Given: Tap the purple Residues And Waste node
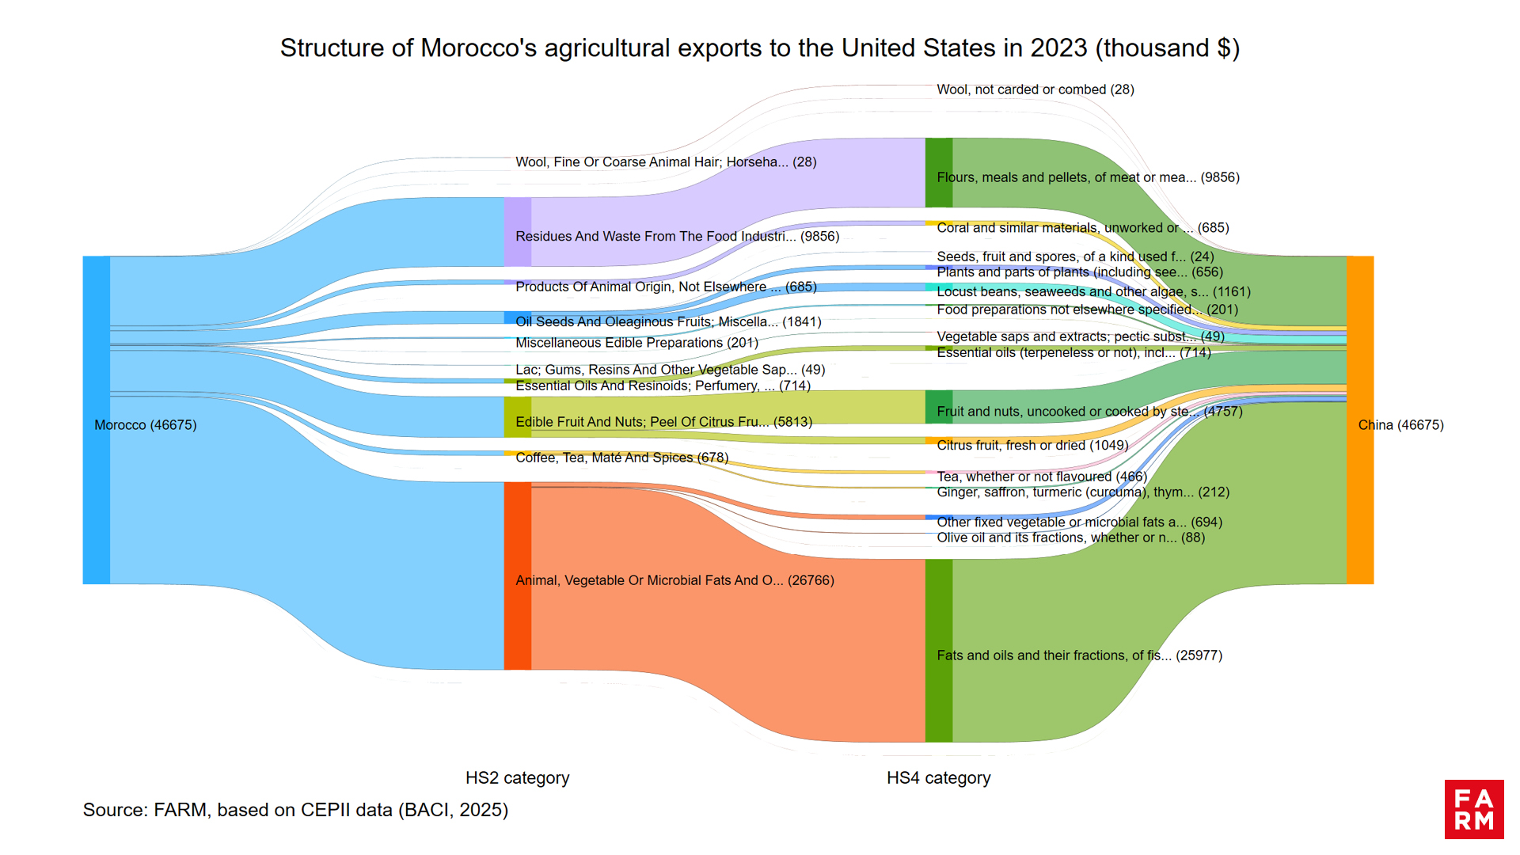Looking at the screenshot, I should [x=517, y=231].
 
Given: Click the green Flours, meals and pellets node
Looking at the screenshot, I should [x=938, y=173].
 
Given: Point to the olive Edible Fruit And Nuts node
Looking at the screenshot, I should [x=517, y=417].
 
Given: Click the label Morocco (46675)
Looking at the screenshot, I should [x=146, y=425].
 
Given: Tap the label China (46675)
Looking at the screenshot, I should [x=1400, y=425].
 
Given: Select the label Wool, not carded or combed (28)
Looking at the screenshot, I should [x=1035, y=89].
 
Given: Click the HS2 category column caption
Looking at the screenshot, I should [x=517, y=777].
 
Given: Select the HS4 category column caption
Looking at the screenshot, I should [x=938, y=777].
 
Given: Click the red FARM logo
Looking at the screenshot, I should [x=1473, y=809].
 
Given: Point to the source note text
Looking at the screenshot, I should [x=295, y=810].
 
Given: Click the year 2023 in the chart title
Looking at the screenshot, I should [x=1058, y=48].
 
